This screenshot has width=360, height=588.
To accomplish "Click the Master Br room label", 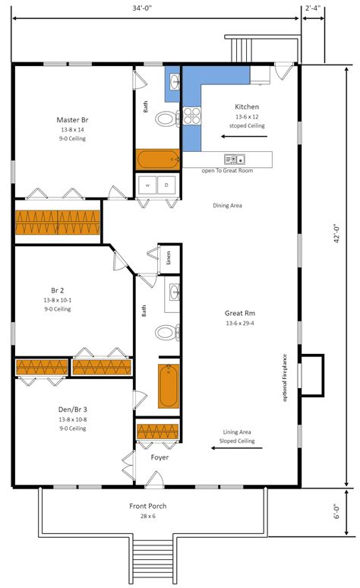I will click(74, 119).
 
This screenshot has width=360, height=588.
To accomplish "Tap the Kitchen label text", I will click(247, 107).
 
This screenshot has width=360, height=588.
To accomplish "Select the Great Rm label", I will click(238, 313).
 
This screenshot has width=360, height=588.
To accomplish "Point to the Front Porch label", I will click(147, 506).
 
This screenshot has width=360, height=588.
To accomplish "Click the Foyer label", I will click(159, 457).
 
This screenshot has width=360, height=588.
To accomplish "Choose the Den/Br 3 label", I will click(72, 409).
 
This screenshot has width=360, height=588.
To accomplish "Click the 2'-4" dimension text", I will click(313, 8).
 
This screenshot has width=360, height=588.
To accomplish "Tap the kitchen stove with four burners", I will click(191, 115).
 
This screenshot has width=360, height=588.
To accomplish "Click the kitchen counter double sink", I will click(234, 159).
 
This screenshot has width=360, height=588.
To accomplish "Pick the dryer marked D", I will click(167, 185).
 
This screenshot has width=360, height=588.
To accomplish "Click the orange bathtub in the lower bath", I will click(169, 386).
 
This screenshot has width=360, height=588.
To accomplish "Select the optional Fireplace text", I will click(284, 378).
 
